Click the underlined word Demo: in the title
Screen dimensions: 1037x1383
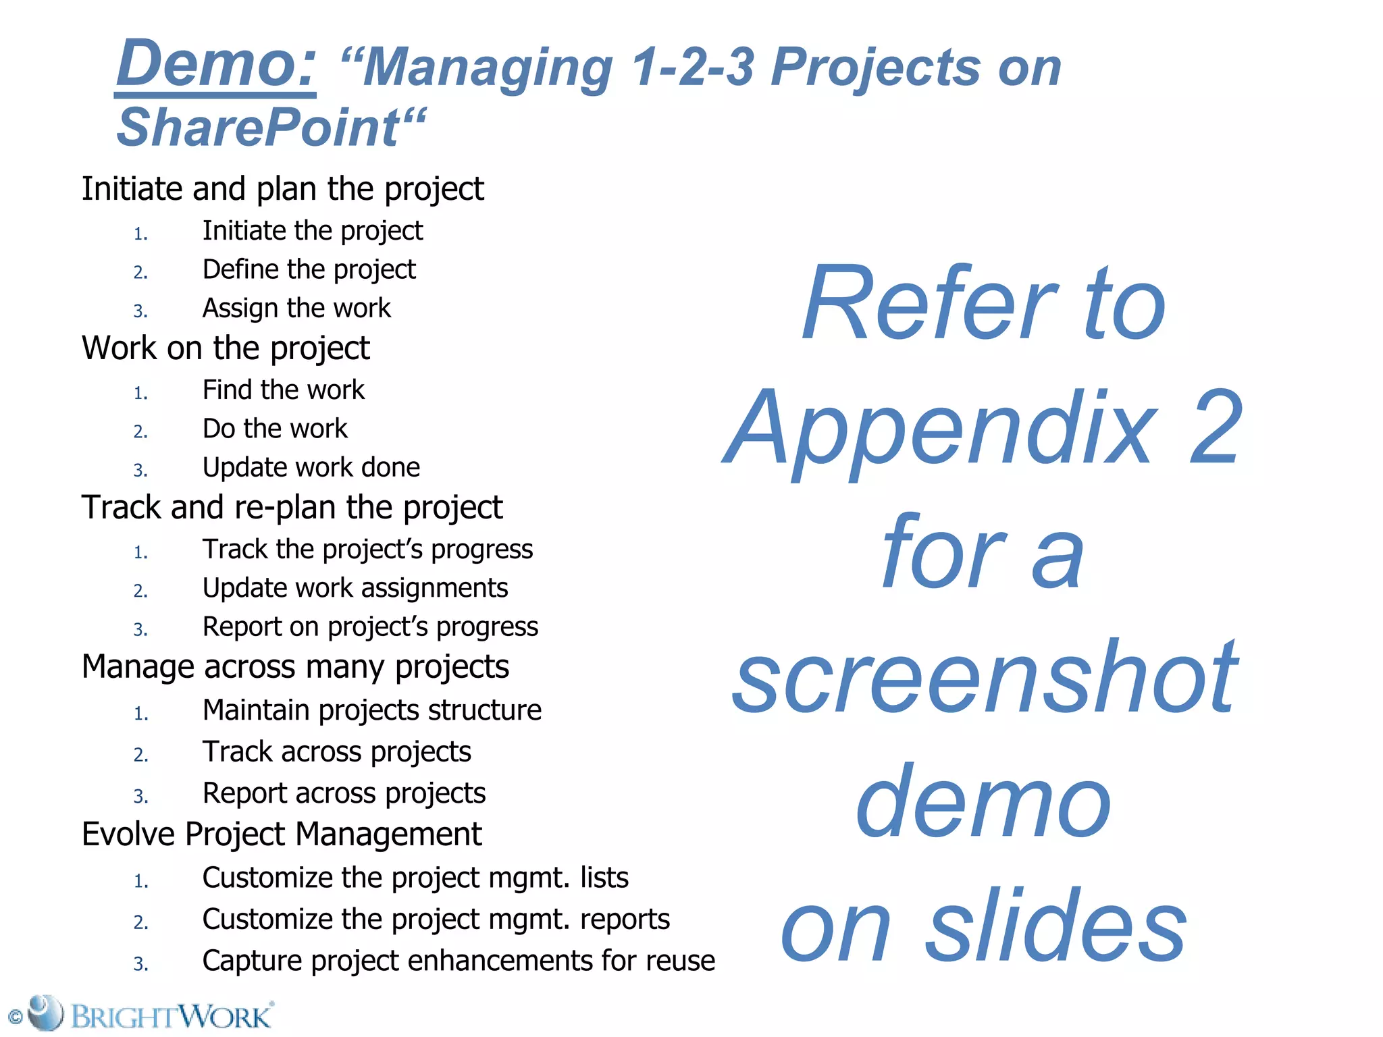[x=216, y=64]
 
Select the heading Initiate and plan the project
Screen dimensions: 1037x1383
[x=282, y=189]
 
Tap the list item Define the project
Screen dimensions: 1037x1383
[x=309, y=269]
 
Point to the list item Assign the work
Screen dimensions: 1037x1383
[x=296, y=309]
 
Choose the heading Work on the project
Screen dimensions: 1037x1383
[x=226, y=348]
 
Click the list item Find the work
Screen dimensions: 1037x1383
[x=283, y=390]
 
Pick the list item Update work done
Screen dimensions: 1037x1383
[x=311, y=467]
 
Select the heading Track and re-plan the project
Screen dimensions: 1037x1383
[x=292, y=508]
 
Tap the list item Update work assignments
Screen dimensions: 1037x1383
[x=355, y=588]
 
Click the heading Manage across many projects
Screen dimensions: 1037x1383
[x=295, y=667]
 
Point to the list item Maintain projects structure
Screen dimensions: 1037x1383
[x=371, y=710]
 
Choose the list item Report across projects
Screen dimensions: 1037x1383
[x=344, y=793]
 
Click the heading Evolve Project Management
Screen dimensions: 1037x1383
[x=282, y=834]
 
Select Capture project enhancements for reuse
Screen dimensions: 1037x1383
[x=458, y=961]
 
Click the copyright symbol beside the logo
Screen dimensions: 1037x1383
[x=15, y=1017]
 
